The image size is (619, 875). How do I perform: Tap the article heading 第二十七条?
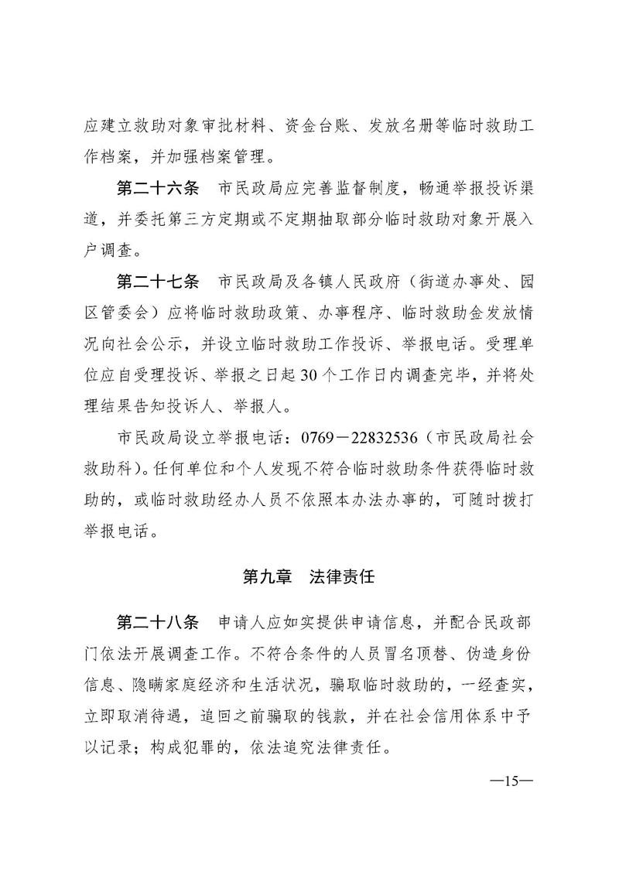click(x=157, y=279)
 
